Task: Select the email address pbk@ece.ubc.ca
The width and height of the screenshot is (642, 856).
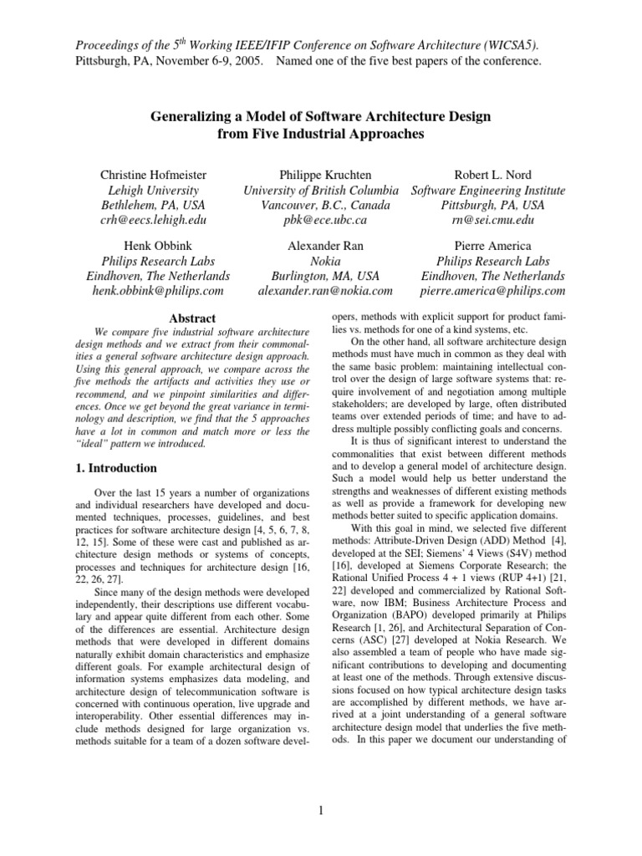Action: pyautogui.click(x=325, y=220)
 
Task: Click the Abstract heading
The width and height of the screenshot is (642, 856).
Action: pyautogui.click(x=193, y=318)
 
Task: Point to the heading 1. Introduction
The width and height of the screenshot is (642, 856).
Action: pyautogui.click(x=128, y=468)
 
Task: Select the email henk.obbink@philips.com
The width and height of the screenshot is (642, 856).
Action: pyautogui.click(x=158, y=290)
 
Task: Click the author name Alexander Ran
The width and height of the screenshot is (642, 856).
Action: pyautogui.click(x=325, y=245)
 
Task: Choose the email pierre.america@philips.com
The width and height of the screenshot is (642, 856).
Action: pyautogui.click(x=493, y=290)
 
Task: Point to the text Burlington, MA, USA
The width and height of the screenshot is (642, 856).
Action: pyautogui.click(x=325, y=275)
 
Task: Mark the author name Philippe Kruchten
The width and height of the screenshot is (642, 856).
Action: pyautogui.click(x=325, y=175)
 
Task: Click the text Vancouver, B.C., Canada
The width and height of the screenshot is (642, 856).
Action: pyautogui.click(x=325, y=205)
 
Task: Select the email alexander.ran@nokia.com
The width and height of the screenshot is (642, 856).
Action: pyautogui.click(x=325, y=290)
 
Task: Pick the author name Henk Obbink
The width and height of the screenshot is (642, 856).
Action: pyautogui.click(x=158, y=245)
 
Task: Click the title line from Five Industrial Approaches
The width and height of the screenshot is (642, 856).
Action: pyautogui.click(x=321, y=133)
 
